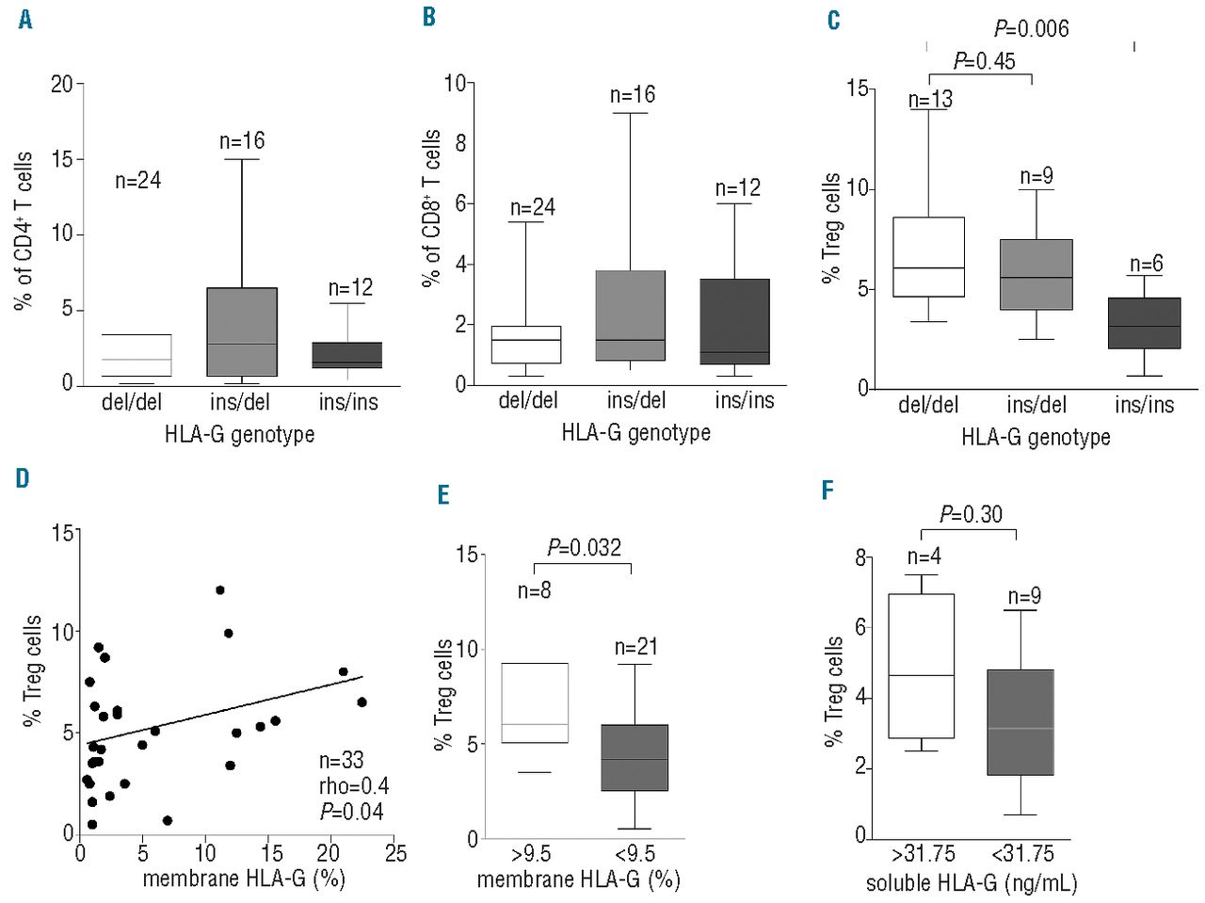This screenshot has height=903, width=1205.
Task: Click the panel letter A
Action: [25, 20]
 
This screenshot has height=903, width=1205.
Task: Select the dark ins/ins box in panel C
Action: [1144, 323]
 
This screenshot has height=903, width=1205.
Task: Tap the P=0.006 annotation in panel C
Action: [1031, 29]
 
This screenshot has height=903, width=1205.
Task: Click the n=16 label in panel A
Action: [242, 141]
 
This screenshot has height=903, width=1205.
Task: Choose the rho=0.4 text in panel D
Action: [353, 786]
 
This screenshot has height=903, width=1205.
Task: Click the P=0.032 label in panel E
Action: [584, 547]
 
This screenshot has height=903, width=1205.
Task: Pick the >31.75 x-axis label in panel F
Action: [923, 854]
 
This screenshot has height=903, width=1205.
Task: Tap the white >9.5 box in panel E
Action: [535, 703]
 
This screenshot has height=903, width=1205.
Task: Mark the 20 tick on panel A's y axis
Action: [62, 85]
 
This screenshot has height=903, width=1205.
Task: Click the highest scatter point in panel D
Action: [220, 590]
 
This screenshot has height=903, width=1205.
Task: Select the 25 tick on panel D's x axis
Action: [395, 853]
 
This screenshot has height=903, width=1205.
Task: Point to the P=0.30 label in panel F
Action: [971, 514]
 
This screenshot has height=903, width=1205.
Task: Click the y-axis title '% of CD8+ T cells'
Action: [431, 207]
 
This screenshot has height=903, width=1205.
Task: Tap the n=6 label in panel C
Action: [1146, 265]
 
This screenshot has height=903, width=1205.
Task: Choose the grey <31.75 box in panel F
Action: [1020, 722]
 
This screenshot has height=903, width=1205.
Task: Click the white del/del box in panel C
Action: [928, 257]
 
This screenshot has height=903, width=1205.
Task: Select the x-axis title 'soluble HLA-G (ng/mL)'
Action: [972, 883]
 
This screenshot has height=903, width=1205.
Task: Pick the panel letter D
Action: [23, 478]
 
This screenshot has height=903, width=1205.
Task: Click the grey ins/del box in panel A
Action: [241, 331]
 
